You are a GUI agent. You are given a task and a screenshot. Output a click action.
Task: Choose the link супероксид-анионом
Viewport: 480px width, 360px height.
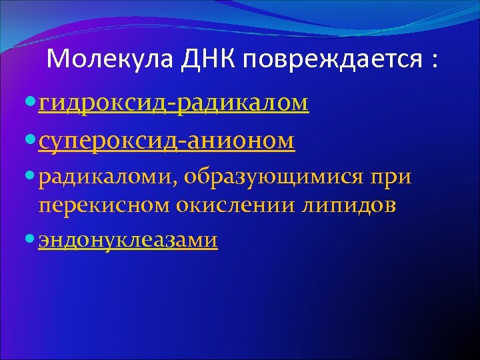167,140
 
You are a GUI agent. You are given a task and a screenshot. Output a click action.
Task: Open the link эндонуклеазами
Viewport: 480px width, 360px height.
128,239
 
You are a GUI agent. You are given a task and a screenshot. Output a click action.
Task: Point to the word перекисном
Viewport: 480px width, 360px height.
105,205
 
